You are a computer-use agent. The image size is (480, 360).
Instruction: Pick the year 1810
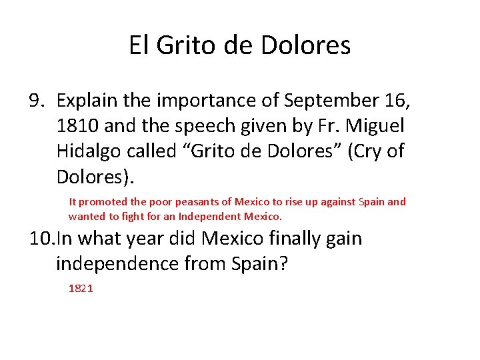pyautogui.click(x=77, y=126)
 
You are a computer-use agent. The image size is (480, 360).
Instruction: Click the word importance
pyautogui.click(x=215, y=101)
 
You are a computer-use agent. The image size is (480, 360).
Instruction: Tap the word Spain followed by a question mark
pyautogui.click(x=261, y=264)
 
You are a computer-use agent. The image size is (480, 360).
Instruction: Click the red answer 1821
pyautogui.click(x=81, y=289)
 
